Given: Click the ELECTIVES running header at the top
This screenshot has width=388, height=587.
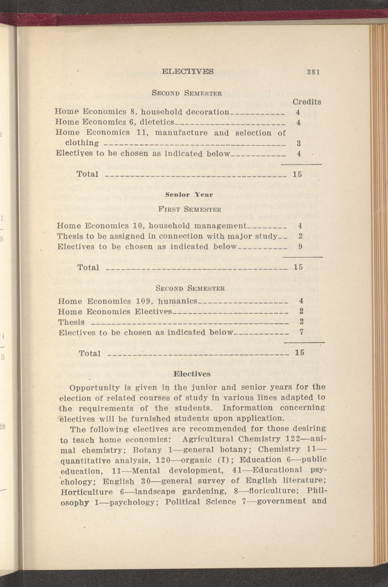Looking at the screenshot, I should (x=187, y=71).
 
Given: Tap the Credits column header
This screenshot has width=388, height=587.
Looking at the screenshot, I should (x=306, y=102).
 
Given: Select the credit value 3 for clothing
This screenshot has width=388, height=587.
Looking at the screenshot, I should (x=299, y=143).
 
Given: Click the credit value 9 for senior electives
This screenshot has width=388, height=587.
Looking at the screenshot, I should (x=300, y=247).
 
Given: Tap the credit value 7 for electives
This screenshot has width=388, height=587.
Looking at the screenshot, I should (x=301, y=332).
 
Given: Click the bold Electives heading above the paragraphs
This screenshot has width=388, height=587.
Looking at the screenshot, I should (x=192, y=374).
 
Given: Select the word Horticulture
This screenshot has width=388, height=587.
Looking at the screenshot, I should (x=87, y=492).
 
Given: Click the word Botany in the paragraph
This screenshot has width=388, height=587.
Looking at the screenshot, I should (x=147, y=450).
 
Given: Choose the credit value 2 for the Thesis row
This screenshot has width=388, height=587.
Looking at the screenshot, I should (x=301, y=322).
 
